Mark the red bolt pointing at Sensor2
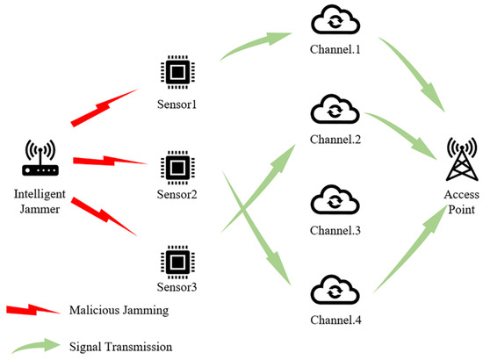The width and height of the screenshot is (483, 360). click(109, 161)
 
